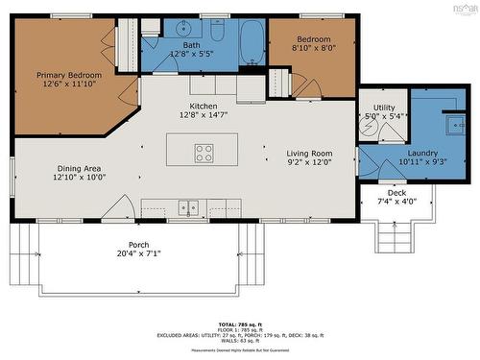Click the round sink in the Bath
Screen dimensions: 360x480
tap(182, 29)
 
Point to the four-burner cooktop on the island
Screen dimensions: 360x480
tap(204, 150)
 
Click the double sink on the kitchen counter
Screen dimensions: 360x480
tap(188, 206)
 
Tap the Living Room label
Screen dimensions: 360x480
tap(309, 154)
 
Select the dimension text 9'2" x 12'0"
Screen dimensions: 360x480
tap(309, 163)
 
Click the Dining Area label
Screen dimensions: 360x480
tap(80, 167)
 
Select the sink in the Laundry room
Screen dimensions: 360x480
tap(452, 124)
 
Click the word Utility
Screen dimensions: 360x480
tap(383, 108)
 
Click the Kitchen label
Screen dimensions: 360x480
tap(204, 106)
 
